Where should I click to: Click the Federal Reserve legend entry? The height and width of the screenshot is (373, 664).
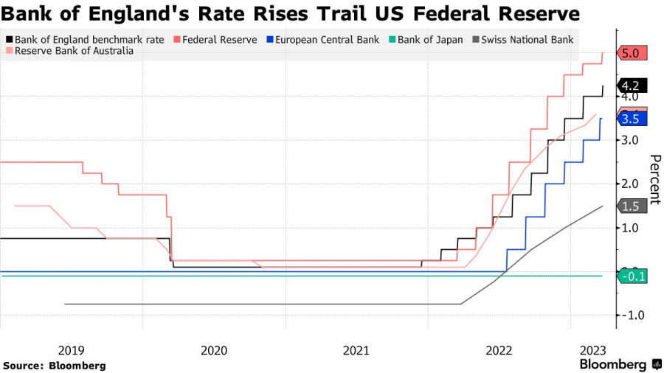(215, 40)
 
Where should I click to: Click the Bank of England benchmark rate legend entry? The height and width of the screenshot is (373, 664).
(84, 40)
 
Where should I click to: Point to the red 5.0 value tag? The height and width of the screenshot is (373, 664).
(634, 53)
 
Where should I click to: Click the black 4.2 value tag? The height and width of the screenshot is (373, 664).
(634, 86)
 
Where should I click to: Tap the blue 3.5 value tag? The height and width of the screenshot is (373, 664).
(632, 119)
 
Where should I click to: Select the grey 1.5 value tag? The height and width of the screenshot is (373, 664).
(632, 206)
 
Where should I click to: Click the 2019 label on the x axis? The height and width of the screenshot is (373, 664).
(71, 351)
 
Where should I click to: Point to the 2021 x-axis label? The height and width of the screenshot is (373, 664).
(356, 351)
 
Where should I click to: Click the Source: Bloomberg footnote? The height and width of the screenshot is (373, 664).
(55, 366)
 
